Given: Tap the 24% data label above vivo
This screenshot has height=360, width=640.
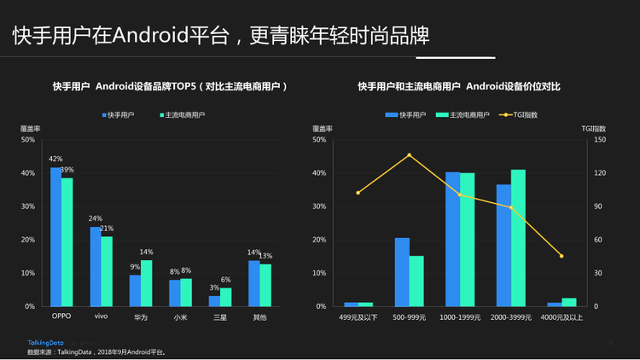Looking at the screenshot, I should coord(95,218).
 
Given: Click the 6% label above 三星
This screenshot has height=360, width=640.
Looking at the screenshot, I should coord(226,280).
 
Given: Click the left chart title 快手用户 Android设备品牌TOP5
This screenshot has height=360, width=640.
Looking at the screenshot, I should coord(170,87).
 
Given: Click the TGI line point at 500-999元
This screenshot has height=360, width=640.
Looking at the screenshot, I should coord(409,155).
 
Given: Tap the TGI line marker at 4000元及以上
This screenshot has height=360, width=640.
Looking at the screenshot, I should coord(561,256).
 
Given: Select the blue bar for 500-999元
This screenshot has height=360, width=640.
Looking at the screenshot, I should coord(402,272).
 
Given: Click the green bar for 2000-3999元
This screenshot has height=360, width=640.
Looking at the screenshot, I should coord(518,238).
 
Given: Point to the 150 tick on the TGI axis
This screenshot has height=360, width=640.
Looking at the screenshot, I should coord(600,140).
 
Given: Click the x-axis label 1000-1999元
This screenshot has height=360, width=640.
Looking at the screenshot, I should coord(459,317).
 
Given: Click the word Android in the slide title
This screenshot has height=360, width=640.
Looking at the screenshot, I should coord(147,36).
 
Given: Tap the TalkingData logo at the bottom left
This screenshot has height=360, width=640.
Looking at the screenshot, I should coord(44,343).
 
